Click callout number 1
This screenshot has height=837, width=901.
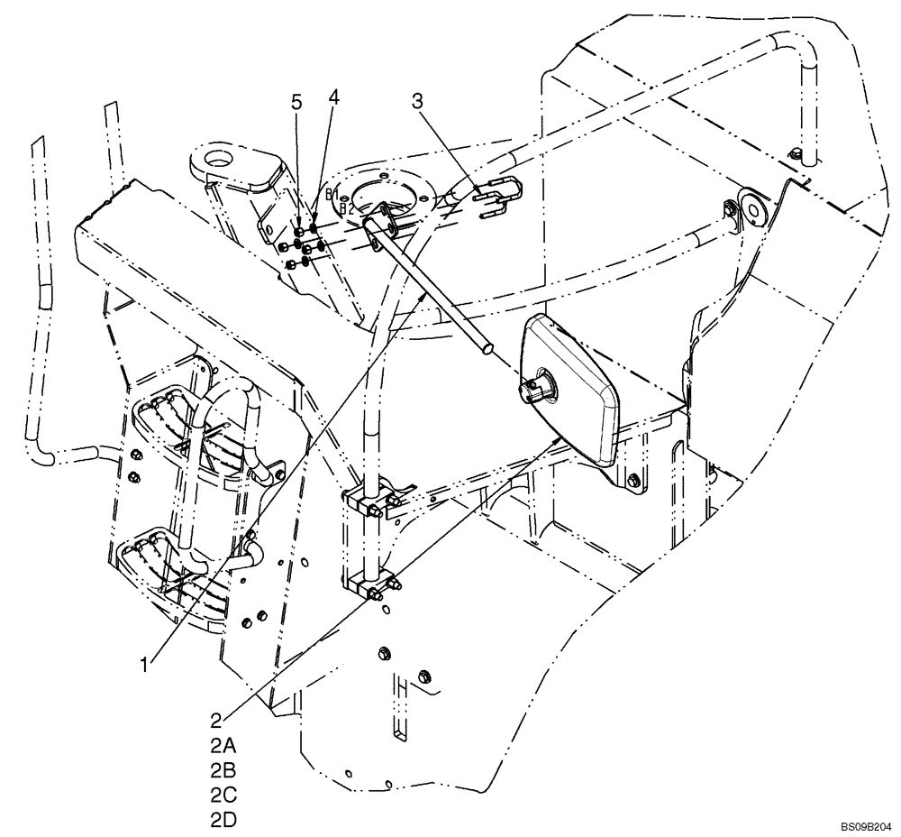145,665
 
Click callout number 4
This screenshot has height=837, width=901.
333,96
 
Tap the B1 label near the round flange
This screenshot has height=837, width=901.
332,195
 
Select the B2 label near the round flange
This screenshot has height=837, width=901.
345,208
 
